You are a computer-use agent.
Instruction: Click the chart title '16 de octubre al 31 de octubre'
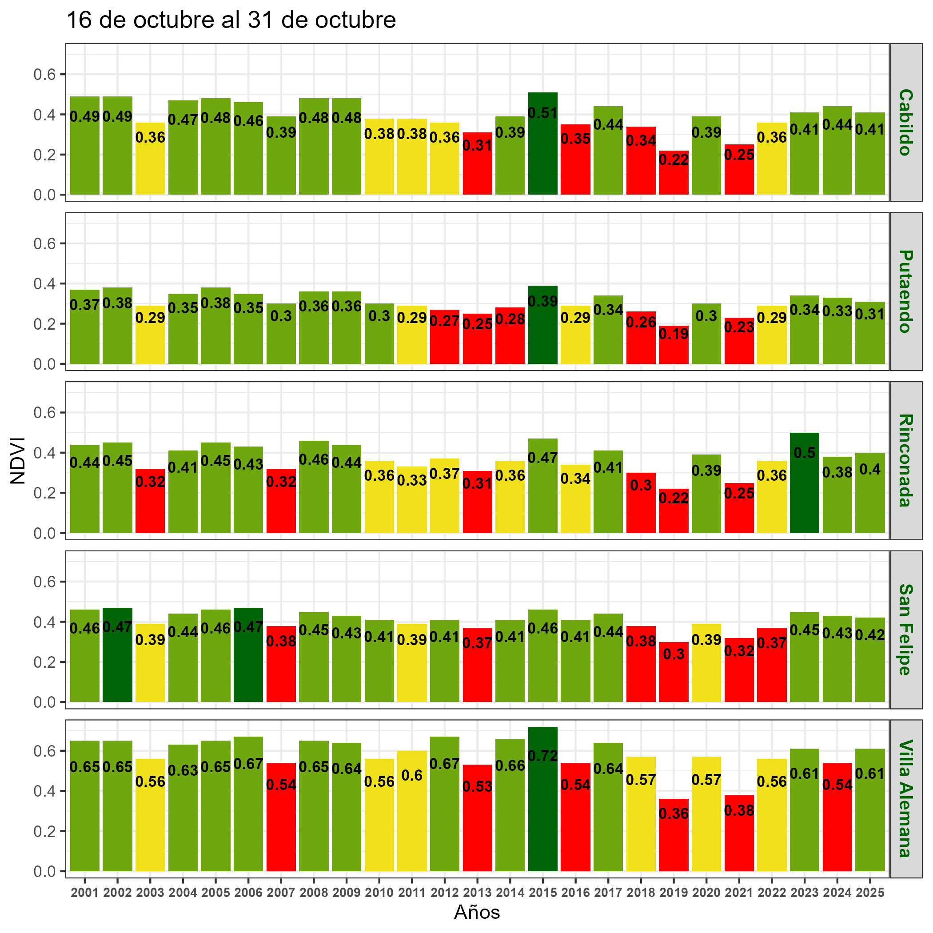pos(231,20)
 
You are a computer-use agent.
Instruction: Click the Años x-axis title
pos(477,912)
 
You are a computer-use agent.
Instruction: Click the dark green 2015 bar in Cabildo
pos(543,155)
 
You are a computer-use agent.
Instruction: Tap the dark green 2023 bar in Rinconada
pos(805,498)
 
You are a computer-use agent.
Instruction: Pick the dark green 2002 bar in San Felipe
pos(117,666)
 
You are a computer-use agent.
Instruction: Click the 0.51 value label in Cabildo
pos(543,113)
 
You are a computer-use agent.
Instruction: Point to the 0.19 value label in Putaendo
pos(674,334)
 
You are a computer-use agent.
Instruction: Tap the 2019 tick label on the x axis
pos(674,893)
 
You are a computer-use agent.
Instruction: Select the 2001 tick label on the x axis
pos(84,893)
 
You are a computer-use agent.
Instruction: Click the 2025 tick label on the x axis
pos(870,893)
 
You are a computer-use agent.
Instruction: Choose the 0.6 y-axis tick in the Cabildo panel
pos(45,74)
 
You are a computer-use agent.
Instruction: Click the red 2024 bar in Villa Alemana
pos(837,831)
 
